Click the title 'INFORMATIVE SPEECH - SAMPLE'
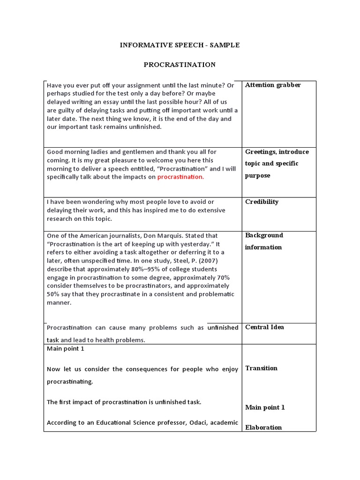tap(180, 45)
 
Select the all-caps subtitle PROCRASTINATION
tap(180, 65)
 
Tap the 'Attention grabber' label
tap(273, 85)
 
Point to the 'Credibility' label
tap(262, 202)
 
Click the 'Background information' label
tap(264, 241)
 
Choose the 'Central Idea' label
tap(264, 327)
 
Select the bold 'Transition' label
tap(261, 368)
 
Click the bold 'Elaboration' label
tap(263, 427)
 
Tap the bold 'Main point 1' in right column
tap(265, 407)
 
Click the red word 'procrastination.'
tap(180, 177)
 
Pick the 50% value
tap(53, 294)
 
